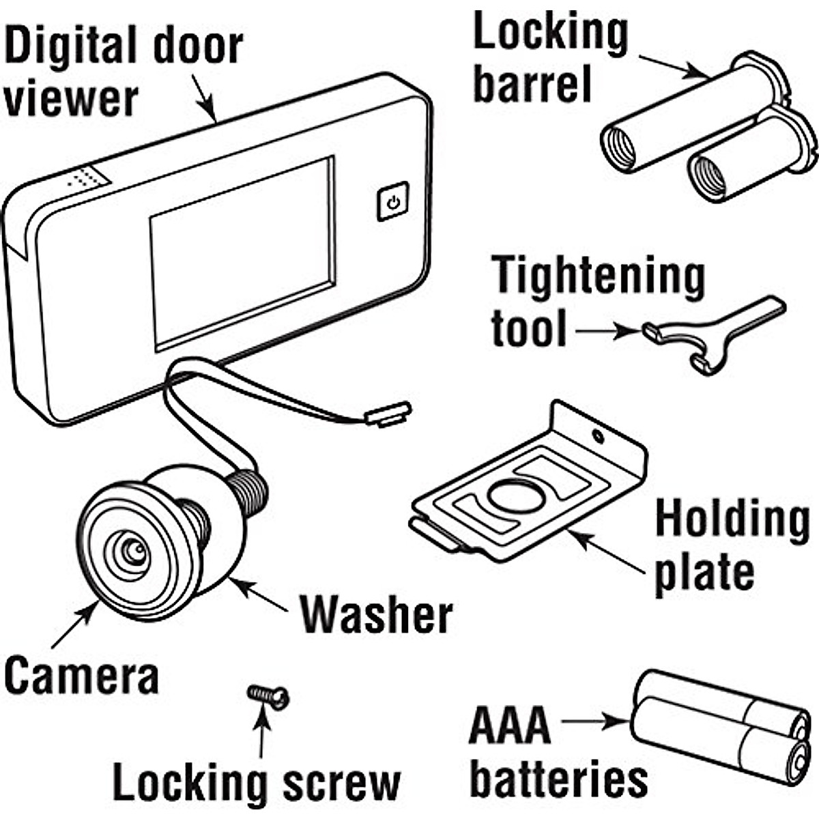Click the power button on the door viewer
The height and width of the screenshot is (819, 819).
(x=392, y=201)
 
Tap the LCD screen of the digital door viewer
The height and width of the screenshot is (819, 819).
(x=242, y=253)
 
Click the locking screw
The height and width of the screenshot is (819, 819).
(x=269, y=696)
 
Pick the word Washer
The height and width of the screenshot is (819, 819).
(x=376, y=614)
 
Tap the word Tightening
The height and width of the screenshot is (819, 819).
(x=599, y=276)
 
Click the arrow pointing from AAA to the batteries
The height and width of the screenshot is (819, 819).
(x=594, y=720)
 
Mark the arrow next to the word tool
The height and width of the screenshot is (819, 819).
(x=607, y=332)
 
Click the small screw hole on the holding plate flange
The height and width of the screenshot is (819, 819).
(x=598, y=435)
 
